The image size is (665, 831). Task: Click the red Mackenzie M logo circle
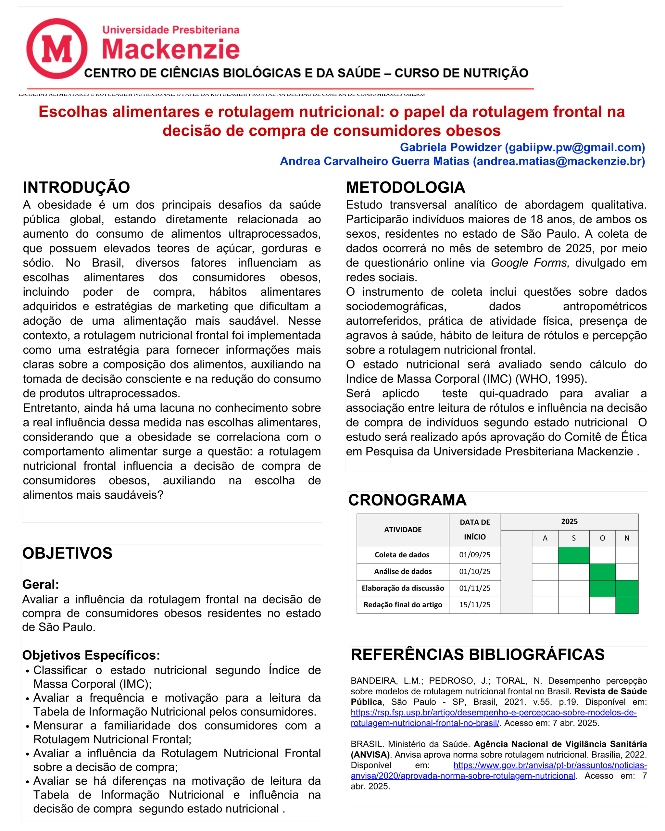(x=57, y=49)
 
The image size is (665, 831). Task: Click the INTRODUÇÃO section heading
(x=76, y=188)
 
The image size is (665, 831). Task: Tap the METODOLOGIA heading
(x=405, y=188)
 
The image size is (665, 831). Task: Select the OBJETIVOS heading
(x=67, y=553)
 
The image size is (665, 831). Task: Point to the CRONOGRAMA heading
(x=407, y=500)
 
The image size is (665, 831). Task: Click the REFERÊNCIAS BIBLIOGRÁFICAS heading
(x=477, y=655)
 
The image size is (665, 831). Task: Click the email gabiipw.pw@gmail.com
(x=575, y=148)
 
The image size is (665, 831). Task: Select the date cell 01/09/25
(x=475, y=555)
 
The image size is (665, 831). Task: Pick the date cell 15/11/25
(x=475, y=605)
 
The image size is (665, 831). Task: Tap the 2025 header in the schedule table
(x=569, y=522)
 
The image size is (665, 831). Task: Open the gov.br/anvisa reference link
(x=550, y=765)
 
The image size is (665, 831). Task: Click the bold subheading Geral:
(x=41, y=585)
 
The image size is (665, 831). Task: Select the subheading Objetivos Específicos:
(x=91, y=655)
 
